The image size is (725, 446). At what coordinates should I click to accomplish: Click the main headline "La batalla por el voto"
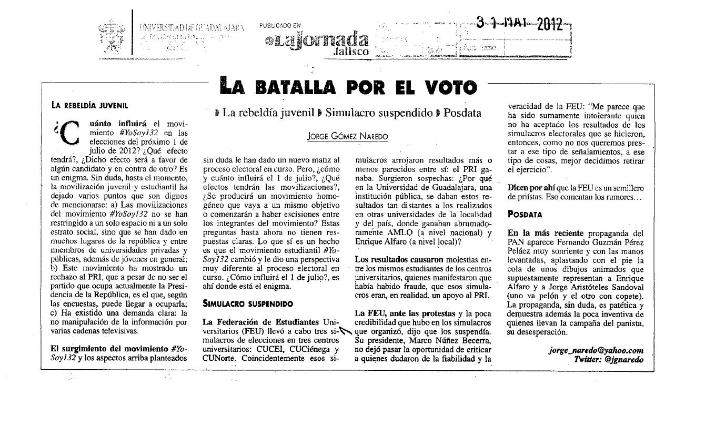(x=348, y=86)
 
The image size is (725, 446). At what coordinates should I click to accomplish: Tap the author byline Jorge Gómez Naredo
(x=348, y=136)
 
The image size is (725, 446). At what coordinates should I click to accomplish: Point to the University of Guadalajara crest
(x=112, y=37)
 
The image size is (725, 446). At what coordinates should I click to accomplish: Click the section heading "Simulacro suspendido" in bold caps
(x=248, y=303)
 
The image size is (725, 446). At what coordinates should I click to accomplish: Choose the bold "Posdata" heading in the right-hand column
(x=525, y=214)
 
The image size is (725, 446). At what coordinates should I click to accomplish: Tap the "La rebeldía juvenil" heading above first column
(x=89, y=105)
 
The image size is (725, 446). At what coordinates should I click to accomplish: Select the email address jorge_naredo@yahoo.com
(x=596, y=350)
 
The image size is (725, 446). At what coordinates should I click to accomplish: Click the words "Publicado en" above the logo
(x=280, y=25)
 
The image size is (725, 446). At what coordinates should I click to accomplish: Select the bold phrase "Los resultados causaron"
(x=399, y=259)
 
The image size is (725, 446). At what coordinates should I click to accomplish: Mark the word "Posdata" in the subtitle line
(x=461, y=113)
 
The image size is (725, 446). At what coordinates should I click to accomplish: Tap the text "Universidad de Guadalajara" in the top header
(x=192, y=27)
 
